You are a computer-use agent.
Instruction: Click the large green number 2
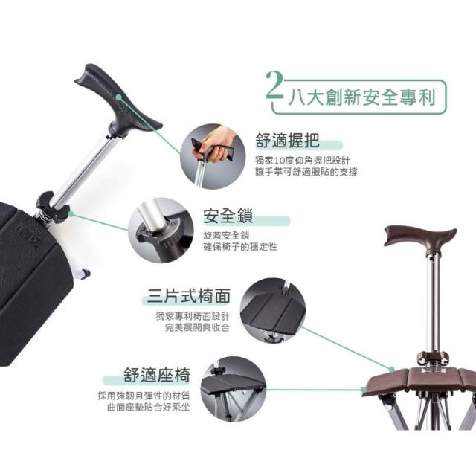pos(274,86)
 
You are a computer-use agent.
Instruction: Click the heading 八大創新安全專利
pos(362,97)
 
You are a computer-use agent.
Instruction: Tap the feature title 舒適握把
pos(287,140)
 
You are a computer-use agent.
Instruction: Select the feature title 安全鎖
pos(228,216)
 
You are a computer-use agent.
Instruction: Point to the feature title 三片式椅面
pos(188,296)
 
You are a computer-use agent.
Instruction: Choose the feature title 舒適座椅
pos(157,375)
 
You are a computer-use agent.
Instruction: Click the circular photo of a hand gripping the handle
pos(213,156)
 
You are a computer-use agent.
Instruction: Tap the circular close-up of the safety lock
pos(161,230)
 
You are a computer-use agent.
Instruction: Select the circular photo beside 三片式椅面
pos(273,310)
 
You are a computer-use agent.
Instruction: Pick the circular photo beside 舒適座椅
pos(233,389)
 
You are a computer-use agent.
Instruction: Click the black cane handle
pos(118,100)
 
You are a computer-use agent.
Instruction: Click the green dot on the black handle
pos(119,97)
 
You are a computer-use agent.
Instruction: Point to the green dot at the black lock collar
pos(71,214)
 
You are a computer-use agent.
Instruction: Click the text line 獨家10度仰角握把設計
pos(303,161)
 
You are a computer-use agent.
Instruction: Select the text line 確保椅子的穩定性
pos(240,247)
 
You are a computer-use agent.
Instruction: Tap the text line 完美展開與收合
pos(197,327)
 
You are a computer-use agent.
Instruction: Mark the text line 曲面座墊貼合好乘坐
pos(149,407)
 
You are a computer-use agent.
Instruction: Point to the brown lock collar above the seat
pos(432,358)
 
